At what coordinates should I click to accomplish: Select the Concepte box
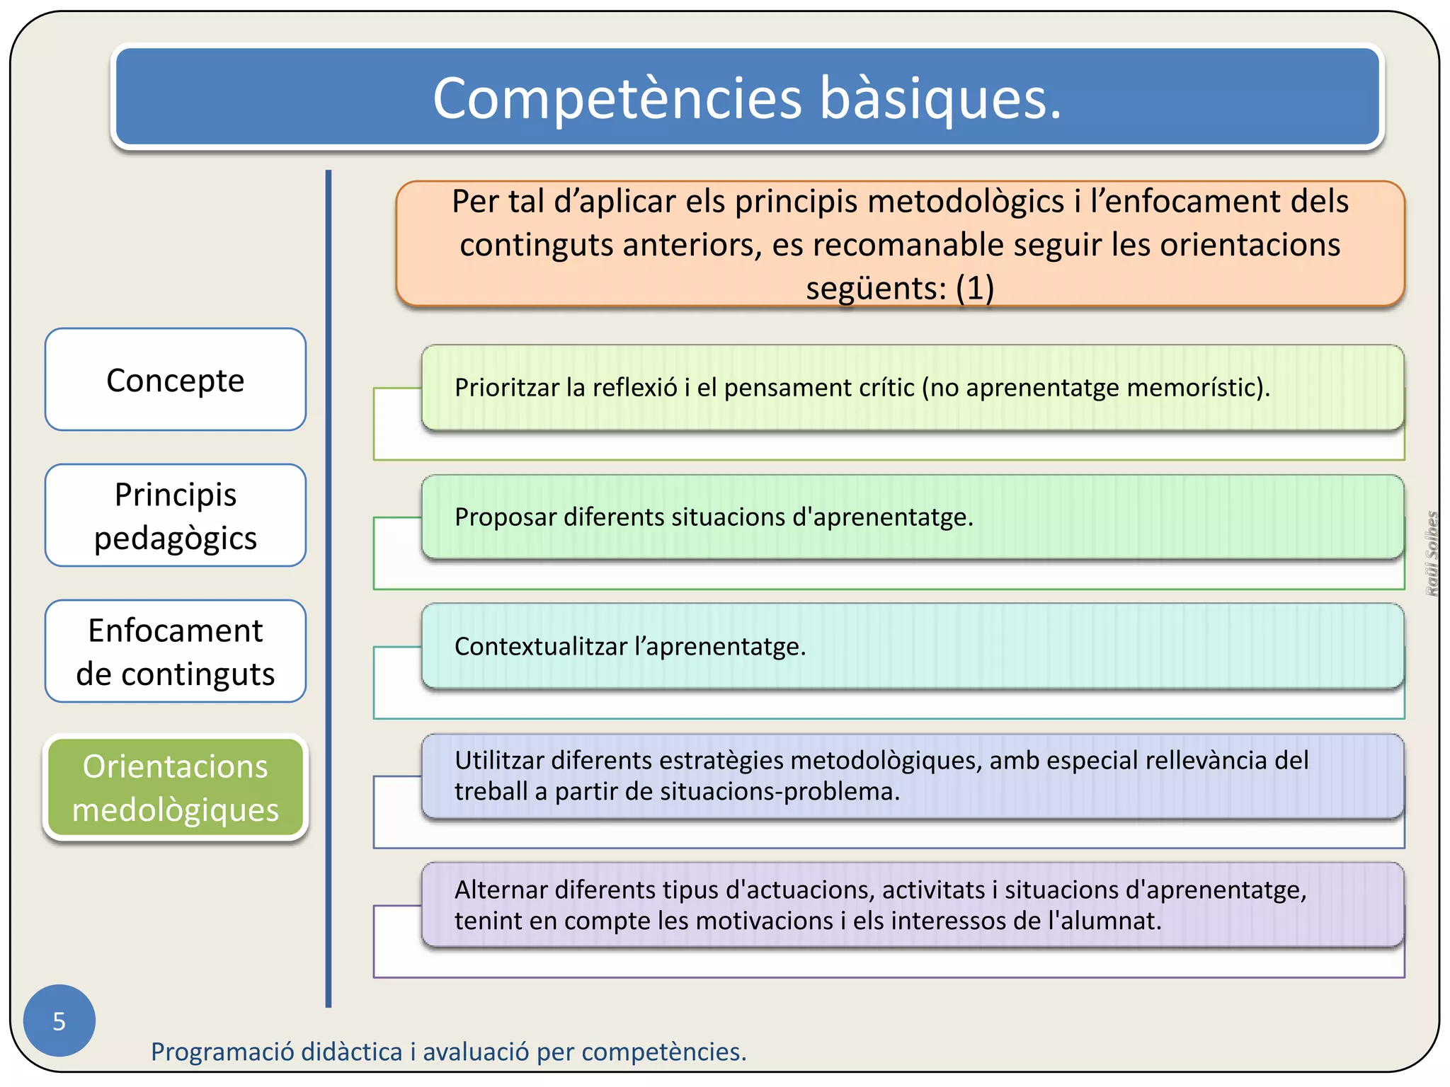(175, 380)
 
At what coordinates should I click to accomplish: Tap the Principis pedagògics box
(175, 516)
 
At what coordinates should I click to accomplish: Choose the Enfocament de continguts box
(175, 652)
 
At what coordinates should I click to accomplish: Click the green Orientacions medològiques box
(175, 788)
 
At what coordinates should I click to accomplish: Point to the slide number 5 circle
(59, 1020)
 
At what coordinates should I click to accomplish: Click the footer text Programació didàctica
(448, 1052)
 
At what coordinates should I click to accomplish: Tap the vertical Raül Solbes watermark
(1431, 553)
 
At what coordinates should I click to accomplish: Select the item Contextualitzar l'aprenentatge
(630, 646)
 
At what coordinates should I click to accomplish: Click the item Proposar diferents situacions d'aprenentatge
(714, 517)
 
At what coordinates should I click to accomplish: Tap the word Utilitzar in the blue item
(499, 761)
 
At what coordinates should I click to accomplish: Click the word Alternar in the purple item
(501, 890)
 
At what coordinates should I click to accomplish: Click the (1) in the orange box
(975, 288)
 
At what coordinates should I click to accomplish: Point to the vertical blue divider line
(329, 587)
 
